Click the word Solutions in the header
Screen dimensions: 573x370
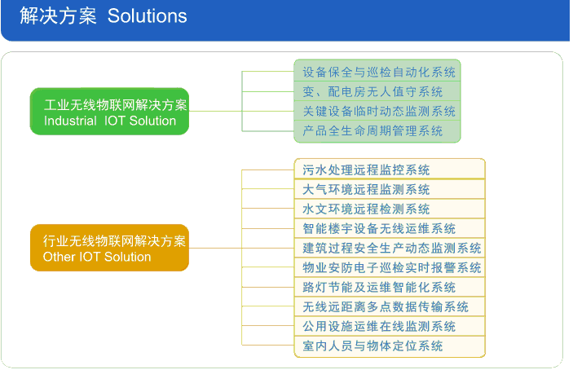click(148, 16)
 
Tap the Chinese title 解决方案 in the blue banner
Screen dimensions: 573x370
click(59, 16)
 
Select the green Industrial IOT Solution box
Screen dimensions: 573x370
click(110, 112)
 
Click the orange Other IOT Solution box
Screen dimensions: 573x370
click(110, 248)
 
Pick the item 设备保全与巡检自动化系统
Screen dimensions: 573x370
click(379, 72)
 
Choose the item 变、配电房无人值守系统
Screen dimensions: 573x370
click(372, 91)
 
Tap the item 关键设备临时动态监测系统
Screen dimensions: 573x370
click(379, 111)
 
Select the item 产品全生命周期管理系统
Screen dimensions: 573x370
click(372, 130)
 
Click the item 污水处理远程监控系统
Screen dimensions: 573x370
click(366, 170)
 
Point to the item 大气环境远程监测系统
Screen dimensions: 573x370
click(366, 190)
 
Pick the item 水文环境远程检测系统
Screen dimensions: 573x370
click(366, 209)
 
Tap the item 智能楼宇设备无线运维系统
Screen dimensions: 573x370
click(379, 229)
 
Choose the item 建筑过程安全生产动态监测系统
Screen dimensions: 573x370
click(392, 248)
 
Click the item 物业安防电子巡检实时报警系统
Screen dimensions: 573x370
click(392, 268)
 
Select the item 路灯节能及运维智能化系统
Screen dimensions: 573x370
click(379, 287)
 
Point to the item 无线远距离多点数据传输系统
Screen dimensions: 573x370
click(386, 306)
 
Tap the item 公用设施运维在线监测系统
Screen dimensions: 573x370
click(379, 326)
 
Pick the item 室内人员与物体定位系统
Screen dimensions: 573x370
click(372, 346)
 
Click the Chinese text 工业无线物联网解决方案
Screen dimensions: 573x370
click(116, 105)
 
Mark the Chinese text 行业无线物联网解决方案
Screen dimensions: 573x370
click(114, 241)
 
